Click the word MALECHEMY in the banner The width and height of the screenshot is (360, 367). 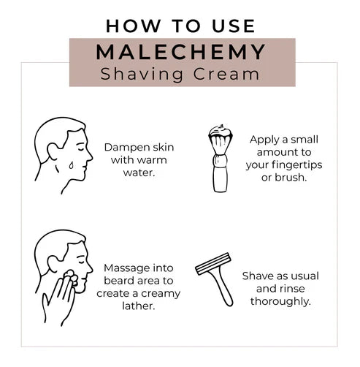click(x=180, y=52)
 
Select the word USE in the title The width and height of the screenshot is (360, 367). click(x=234, y=26)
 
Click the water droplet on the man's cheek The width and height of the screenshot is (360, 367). click(x=71, y=165)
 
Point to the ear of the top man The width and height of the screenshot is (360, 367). click(x=53, y=152)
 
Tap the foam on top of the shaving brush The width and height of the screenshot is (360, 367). click(x=221, y=131)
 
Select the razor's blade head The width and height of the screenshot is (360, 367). click(x=213, y=264)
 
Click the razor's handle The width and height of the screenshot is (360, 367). click(x=222, y=287)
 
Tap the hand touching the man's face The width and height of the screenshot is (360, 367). click(x=59, y=299)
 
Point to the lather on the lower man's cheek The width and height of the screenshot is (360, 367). click(x=72, y=277)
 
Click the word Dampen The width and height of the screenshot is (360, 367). click(x=122, y=148)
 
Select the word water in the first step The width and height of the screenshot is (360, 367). click(x=139, y=173)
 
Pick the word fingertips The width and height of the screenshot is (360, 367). click(x=297, y=165)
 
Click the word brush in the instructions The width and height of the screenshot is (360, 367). click(x=291, y=178)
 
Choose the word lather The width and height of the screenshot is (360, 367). click(x=139, y=306)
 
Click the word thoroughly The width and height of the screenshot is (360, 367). click(x=280, y=302)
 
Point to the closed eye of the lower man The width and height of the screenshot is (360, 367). click(x=81, y=262)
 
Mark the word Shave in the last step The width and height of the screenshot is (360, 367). click(x=258, y=276)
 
